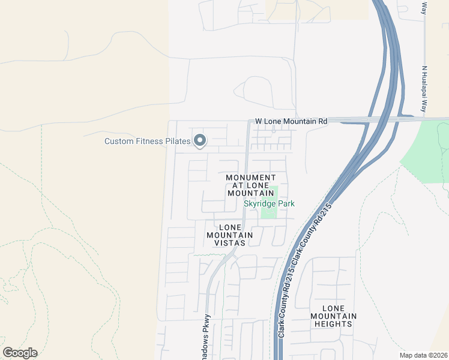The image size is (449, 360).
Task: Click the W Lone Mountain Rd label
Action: tap(291, 121)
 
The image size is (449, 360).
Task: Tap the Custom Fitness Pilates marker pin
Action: tap(200, 141)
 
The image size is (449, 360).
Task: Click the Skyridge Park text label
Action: tap(269, 204)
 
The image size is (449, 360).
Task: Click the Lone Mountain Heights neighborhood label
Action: tap(334, 316)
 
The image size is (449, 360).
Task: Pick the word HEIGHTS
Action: tap(334, 324)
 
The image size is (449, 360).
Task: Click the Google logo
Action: tap(20, 353)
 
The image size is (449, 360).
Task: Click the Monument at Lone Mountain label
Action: tap(251, 185)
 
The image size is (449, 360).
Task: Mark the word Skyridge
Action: tap(259, 204)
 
